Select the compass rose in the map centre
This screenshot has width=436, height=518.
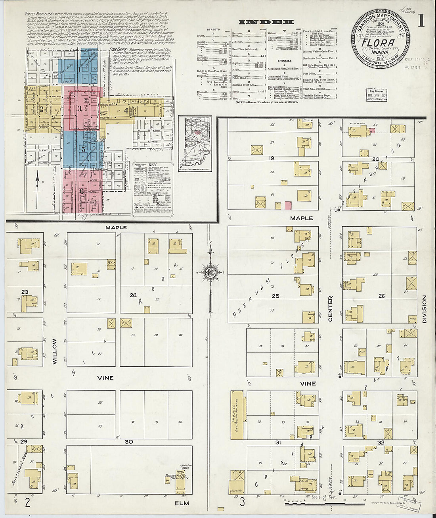(x=210, y=272)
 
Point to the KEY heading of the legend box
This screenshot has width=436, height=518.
(x=152, y=164)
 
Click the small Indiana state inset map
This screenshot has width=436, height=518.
(x=195, y=144)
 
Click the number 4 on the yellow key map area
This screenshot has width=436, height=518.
(x=126, y=111)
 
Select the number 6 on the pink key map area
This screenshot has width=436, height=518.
(x=82, y=191)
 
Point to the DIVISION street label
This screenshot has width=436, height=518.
(x=424, y=308)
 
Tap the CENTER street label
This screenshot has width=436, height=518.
(x=330, y=308)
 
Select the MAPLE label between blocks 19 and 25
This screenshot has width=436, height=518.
(x=301, y=218)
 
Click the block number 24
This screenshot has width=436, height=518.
(x=133, y=295)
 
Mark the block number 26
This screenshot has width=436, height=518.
(x=381, y=296)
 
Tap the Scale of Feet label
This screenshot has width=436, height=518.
(x=324, y=497)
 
